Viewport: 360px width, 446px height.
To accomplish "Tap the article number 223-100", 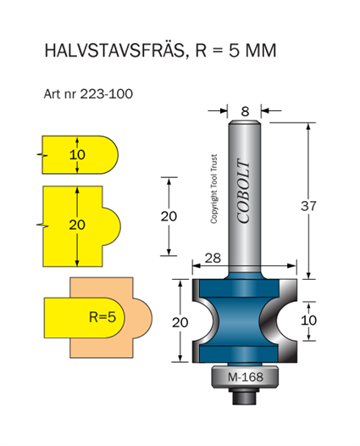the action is pyautogui.click(x=106, y=94).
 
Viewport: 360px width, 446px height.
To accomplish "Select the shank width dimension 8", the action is pyautogui.click(x=245, y=112).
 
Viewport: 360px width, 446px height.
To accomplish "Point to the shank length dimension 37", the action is pyautogui.click(x=308, y=206).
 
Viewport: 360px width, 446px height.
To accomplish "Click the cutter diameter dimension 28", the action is pyautogui.click(x=213, y=259).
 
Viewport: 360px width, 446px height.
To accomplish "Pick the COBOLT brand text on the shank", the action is pyautogui.click(x=244, y=191).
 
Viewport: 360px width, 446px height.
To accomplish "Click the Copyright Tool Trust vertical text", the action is pyautogui.click(x=214, y=189).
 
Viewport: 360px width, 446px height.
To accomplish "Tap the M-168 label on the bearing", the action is pyautogui.click(x=246, y=377).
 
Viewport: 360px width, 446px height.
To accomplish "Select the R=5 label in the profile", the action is pyautogui.click(x=102, y=317).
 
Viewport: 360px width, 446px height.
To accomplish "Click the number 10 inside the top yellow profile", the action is pyautogui.click(x=77, y=154).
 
